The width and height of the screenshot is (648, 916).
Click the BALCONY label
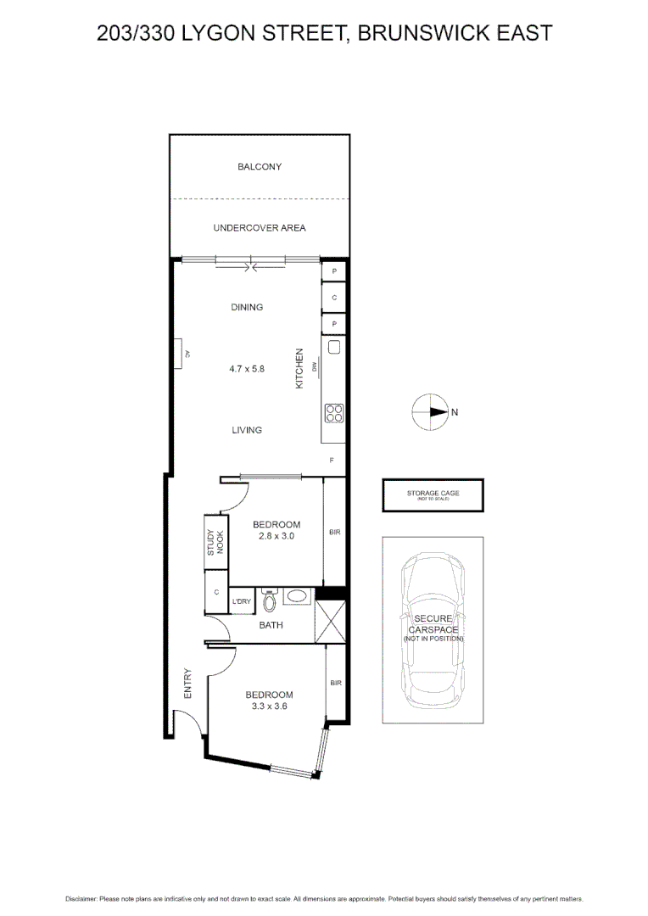click(x=260, y=167)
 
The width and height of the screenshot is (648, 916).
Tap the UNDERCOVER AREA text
click(x=260, y=227)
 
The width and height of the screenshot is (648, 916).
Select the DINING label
click(x=247, y=307)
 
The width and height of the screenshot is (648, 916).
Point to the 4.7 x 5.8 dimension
click(x=247, y=369)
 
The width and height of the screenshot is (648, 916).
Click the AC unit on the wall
click(x=181, y=354)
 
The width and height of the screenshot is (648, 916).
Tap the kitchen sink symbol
click(x=334, y=346)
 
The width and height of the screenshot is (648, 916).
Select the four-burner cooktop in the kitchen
click(x=334, y=413)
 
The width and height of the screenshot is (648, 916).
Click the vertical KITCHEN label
click(x=299, y=369)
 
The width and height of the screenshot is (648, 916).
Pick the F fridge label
click(x=332, y=460)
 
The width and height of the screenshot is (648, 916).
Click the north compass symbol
click(x=430, y=412)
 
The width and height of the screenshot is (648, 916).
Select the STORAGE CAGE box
click(x=433, y=495)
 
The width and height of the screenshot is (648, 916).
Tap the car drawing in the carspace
click(x=433, y=628)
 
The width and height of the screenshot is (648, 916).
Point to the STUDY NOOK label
click(x=215, y=542)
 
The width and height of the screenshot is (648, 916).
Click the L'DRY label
click(x=242, y=601)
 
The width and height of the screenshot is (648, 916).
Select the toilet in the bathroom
click(x=270, y=600)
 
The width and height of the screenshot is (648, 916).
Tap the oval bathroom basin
click(x=297, y=597)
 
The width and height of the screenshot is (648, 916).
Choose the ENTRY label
click(x=187, y=684)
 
